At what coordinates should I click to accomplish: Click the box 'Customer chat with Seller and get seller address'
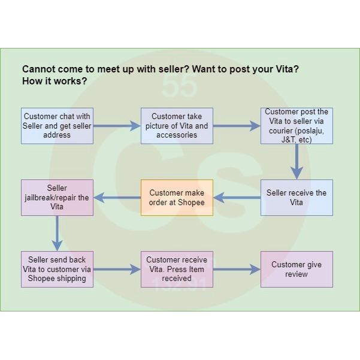tap(57, 126)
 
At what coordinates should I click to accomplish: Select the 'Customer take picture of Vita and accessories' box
tap(177, 126)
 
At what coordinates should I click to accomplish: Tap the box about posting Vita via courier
tap(297, 126)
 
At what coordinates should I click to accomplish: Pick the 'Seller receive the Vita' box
tap(297, 198)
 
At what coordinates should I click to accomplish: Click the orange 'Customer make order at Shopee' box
tap(177, 198)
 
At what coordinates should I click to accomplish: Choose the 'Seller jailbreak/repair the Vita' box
tap(57, 198)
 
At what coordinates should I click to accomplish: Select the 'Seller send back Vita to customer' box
tap(57, 269)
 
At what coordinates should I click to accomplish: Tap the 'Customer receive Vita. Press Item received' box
tap(177, 269)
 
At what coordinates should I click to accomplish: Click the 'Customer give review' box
tap(297, 269)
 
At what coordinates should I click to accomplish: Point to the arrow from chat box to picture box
tap(117, 126)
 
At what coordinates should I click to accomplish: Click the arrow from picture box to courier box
tap(237, 126)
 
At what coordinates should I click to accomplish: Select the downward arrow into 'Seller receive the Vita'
tap(297, 161)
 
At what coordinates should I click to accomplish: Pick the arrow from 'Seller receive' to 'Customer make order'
tap(237, 198)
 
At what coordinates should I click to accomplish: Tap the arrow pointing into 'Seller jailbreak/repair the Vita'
tap(117, 198)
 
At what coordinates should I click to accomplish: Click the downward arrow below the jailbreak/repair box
tap(57, 233)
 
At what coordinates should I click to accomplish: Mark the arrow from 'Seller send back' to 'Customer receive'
tap(117, 270)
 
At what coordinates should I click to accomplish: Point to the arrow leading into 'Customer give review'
tap(237, 270)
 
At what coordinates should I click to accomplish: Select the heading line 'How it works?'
tap(54, 81)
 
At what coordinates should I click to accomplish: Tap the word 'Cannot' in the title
tap(39, 69)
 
